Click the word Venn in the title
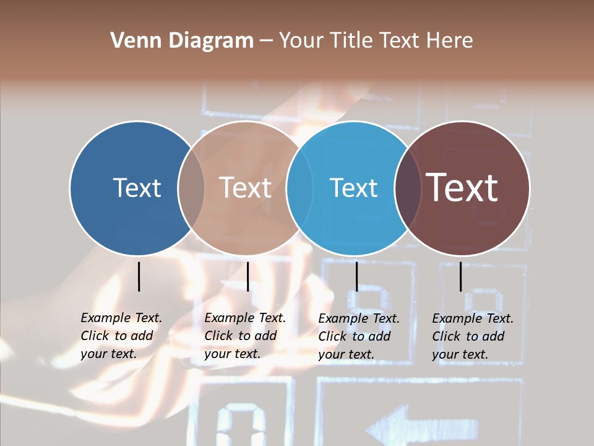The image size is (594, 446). [x=132, y=41]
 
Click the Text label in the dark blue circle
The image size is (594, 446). [x=137, y=188]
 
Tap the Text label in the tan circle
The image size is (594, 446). [x=245, y=188]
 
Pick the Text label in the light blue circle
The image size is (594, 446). [x=353, y=188]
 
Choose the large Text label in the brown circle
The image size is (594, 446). [x=462, y=188]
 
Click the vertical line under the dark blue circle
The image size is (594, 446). [x=139, y=276]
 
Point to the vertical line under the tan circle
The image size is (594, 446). [x=247, y=276]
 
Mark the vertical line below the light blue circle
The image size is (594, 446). [x=356, y=276]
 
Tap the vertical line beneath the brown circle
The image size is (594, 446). [x=461, y=276]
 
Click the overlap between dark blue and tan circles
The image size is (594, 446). [x=191, y=188]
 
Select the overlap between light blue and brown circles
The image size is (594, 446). [x=408, y=188]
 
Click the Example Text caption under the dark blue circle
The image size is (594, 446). [x=121, y=336]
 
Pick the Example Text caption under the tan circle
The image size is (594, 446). [x=245, y=336]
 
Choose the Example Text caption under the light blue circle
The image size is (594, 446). [x=359, y=336]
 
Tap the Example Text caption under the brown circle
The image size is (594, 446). [x=473, y=336]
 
